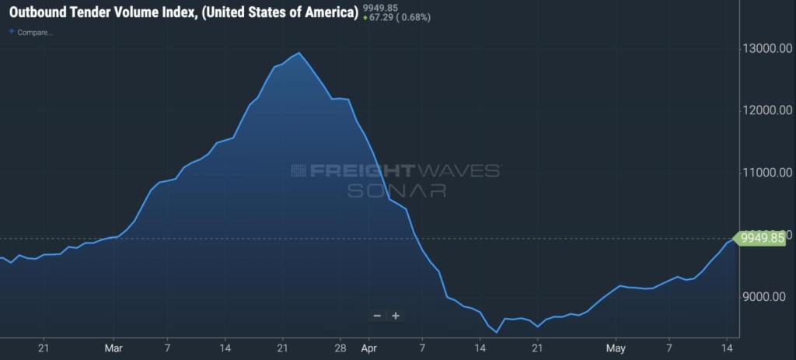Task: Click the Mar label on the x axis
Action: (x=114, y=347)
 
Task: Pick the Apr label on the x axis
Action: (x=368, y=347)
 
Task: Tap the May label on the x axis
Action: (x=616, y=347)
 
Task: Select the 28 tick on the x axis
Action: (x=339, y=347)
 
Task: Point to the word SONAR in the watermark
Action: (x=396, y=190)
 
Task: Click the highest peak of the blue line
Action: (x=299, y=53)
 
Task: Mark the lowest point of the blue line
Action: (x=496, y=332)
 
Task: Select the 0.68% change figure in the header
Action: (x=417, y=18)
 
